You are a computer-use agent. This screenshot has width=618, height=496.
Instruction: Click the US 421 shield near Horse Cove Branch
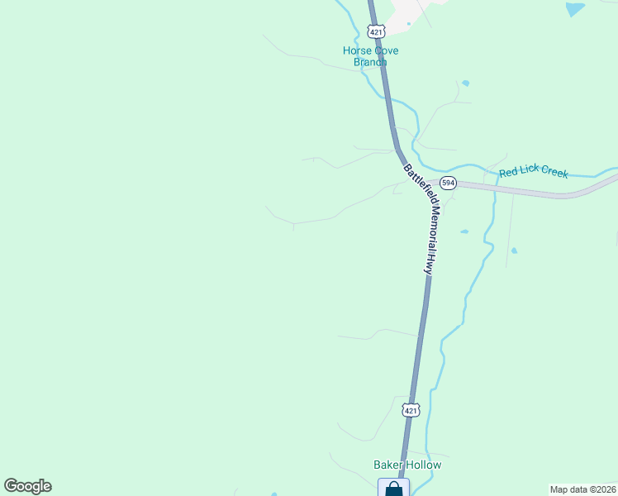(376, 31)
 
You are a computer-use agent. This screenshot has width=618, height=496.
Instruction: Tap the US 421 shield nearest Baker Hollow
(411, 409)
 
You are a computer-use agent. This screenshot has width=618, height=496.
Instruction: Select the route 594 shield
(448, 183)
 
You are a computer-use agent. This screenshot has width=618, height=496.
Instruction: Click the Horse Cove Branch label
(370, 56)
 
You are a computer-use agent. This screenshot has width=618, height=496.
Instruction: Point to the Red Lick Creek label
(534, 172)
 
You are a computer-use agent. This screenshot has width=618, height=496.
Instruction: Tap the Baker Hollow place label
(407, 465)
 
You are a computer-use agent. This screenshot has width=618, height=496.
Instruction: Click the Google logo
(27, 486)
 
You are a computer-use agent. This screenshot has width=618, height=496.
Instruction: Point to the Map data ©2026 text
(582, 489)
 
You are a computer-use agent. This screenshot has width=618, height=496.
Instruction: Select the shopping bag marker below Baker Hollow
(394, 489)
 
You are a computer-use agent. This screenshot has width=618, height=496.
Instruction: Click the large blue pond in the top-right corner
(574, 9)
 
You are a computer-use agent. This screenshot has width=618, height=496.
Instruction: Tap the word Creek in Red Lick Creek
(553, 173)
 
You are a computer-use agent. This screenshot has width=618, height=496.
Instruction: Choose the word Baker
(387, 465)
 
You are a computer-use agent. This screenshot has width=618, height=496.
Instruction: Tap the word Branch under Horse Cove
(370, 62)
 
